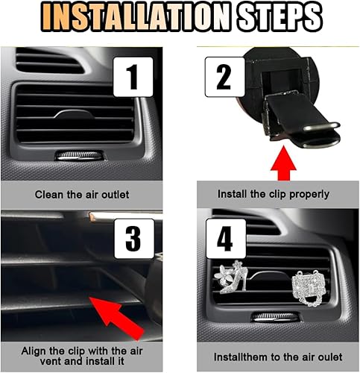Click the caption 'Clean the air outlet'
[82, 195]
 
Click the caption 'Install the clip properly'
[273, 194]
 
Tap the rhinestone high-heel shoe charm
[236, 279]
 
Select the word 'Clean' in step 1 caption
[48, 195]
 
